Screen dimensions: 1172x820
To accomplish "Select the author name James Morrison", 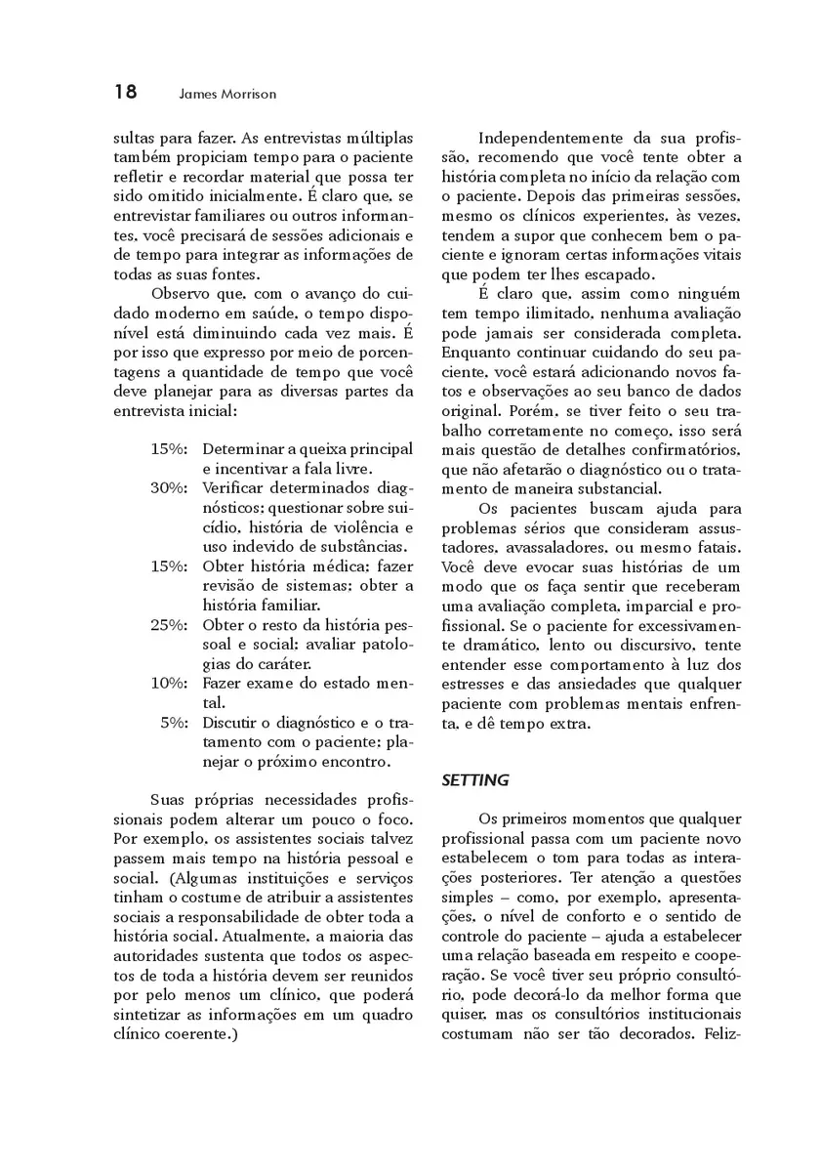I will click(228, 95).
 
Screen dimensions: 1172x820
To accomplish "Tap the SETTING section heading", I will click(475, 780).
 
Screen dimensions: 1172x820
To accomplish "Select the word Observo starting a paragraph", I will click(182, 294).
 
